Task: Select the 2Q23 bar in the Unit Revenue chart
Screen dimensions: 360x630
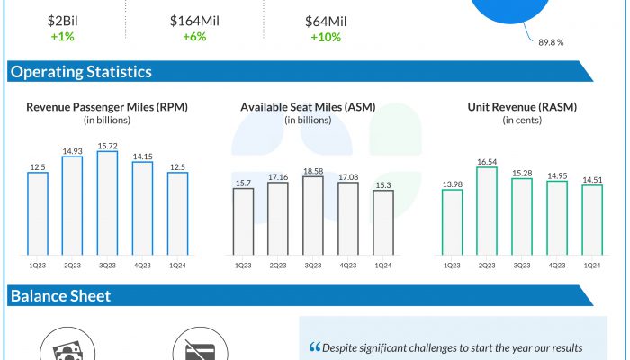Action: pyautogui.click(x=487, y=210)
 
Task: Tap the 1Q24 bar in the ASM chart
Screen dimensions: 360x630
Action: pyautogui.click(x=382, y=222)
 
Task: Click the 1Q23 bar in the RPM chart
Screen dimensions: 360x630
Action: pyautogui.click(x=38, y=212)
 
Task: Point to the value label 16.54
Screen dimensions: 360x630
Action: pyautogui.click(x=487, y=161)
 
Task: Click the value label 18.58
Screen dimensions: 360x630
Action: pyautogui.click(x=313, y=170)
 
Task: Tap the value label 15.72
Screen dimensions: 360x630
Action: pyautogui.click(x=107, y=146)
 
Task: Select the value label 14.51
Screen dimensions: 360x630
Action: pyautogui.click(x=591, y=179)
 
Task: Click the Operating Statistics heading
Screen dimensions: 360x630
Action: pyautogui.click(x=81, y=72)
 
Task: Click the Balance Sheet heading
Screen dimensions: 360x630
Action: pyautogui.click(x=60, y=296)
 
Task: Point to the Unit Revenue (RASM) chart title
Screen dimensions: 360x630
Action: pyautogui.click(x=522, y=107)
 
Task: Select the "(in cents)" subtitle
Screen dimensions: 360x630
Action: pyautogui.click(x=522, y=120)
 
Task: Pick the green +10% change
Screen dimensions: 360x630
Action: pyautogui.click(x=326, y=37)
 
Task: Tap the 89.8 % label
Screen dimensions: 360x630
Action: pyautogui.click(x=552, y=41)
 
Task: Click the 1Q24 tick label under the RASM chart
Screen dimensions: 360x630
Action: pyautogui.click(x=591, y=264)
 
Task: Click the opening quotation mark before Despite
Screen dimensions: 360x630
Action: pyautogui.click(x=314, y=347)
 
